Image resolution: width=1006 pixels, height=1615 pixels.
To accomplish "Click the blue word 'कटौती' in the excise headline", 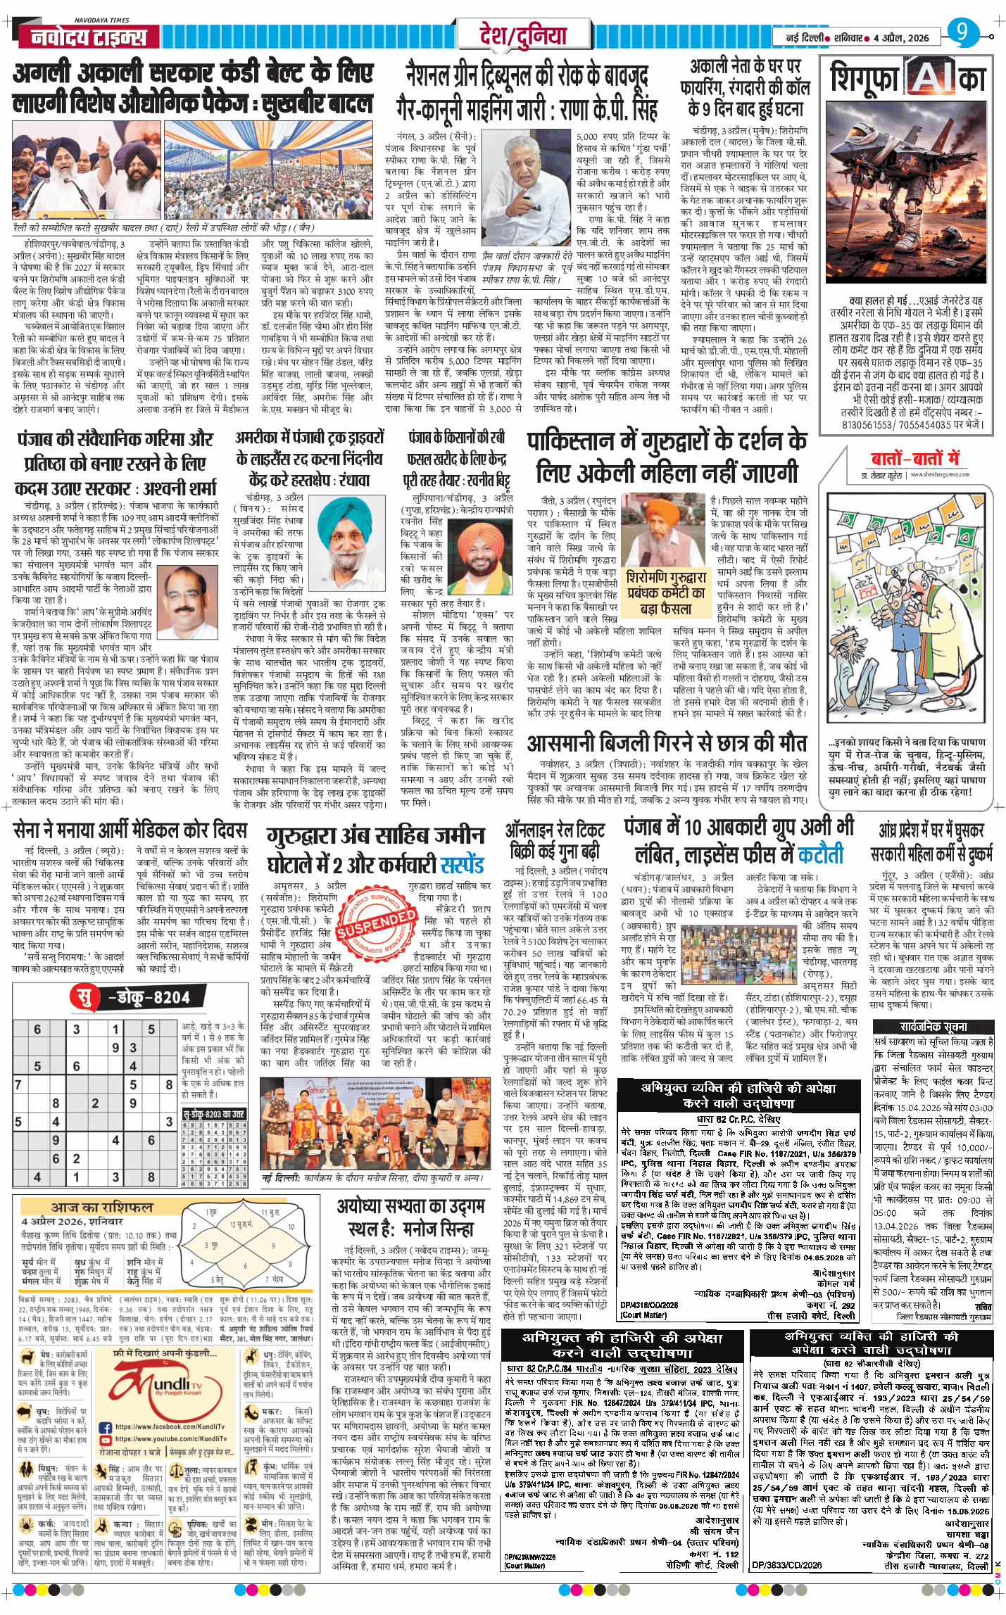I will pyautogui.click(x=819, y=855).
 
